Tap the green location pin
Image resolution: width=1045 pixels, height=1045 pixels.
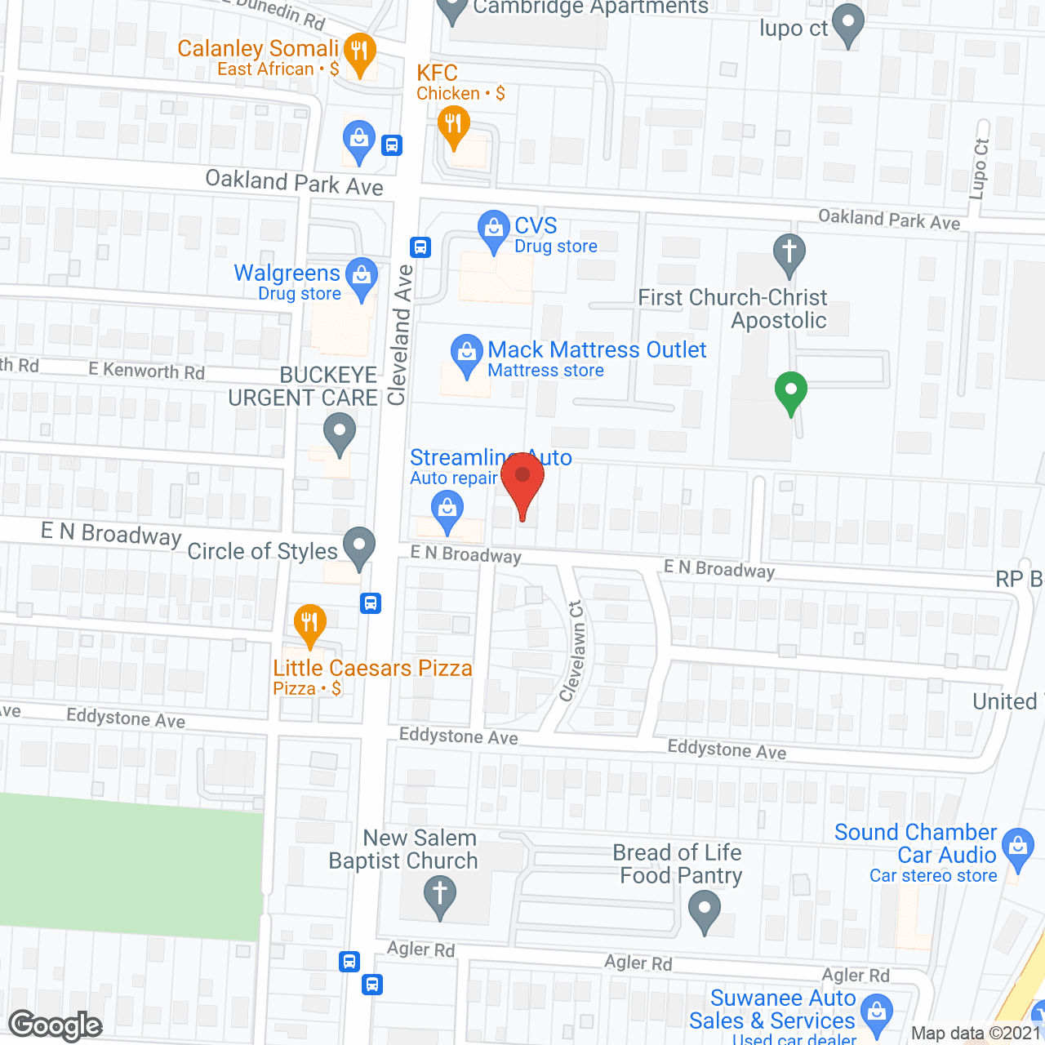[790, 391]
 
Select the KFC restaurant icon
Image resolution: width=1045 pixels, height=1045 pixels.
[453, 126]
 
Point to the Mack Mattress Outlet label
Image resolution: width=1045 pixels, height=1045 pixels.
[597, 350]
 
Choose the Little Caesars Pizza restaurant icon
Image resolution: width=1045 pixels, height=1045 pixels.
[309, 624]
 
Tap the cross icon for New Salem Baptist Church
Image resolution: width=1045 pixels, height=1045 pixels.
[439, 894]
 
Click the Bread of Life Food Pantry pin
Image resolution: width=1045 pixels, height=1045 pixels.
[705, 909]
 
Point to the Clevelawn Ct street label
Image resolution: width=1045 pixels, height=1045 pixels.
[573, 651]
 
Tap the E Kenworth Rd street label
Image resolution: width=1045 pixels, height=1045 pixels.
[147, 371]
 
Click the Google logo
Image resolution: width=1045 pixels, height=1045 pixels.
[56, 1025]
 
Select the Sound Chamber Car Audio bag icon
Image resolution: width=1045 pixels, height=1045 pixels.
[1017, 847]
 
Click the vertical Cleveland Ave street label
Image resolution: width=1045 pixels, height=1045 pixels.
[401, 335]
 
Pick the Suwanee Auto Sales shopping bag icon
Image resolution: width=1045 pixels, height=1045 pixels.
[877, 1012]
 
